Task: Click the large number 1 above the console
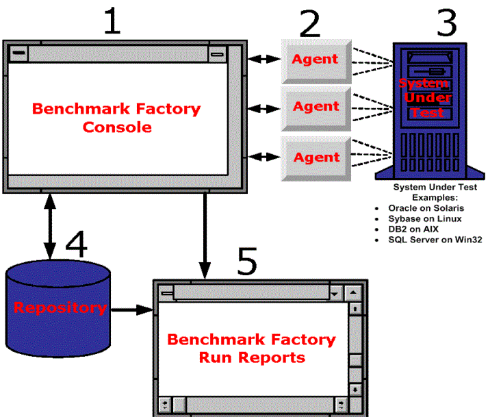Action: click(x=112, y=23)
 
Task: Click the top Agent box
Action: click(x=316, y=60)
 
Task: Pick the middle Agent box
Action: click(x=316, y=107)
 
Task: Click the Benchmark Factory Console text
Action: click(x=117, y=118)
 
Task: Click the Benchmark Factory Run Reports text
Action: click(x=252, y=348)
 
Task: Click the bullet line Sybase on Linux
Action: click(x=425, y=219)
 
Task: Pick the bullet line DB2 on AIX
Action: click(x=413, y=229)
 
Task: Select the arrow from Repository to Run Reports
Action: click(x=131, y=310)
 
